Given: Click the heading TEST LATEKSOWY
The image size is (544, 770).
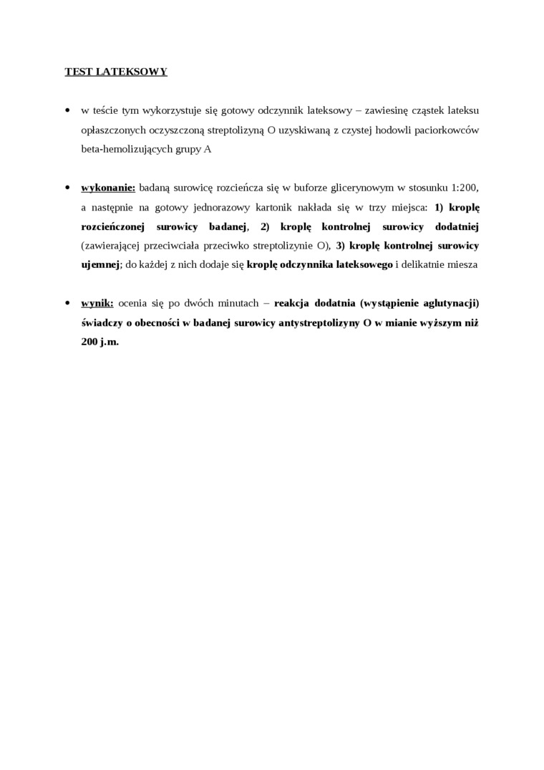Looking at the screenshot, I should click(x=116, y=72).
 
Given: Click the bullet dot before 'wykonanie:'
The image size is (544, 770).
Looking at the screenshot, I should click(x=67, y=188).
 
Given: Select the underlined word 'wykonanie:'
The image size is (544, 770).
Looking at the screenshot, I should click(x=108, y=188).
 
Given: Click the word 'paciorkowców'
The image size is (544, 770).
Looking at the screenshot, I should click(x=447, y=130).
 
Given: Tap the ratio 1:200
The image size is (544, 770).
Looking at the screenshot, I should click(x=465, y=188).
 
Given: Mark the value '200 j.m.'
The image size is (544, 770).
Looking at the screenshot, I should click(x=100, y=342).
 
